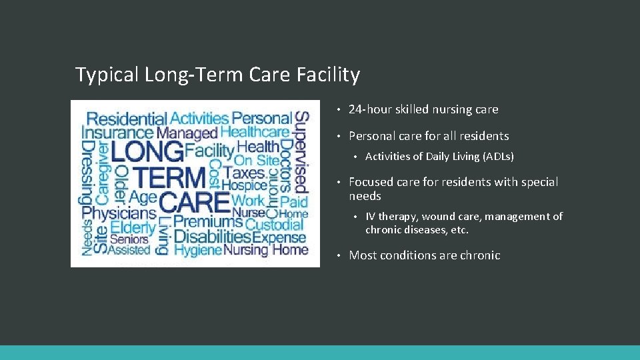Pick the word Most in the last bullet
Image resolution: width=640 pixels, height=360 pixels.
tap(363, 255)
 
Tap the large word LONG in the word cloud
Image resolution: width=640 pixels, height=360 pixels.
tap(147, 151)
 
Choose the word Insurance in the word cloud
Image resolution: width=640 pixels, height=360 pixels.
tap(117, 133)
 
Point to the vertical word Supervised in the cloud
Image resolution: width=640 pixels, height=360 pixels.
tap(301, 151)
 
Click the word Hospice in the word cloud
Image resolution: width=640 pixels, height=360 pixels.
tap(244, 185)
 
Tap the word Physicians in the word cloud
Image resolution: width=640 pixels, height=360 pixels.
tap(119, 213)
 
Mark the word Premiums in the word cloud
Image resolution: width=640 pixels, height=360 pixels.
tap(207, 221)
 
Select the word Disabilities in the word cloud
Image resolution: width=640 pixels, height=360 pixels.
tap(212, 237)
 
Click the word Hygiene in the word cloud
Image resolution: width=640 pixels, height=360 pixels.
tap(197, 251)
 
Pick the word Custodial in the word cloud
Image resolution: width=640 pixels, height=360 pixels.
tap(274, 225)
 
